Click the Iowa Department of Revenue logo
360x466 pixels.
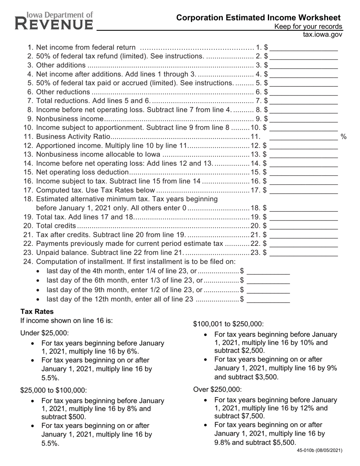(54, 21)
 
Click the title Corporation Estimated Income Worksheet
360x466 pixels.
(258, 17)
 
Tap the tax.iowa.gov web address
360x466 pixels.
(322, 34)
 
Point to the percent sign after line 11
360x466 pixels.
(344, 136)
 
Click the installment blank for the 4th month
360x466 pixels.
(268, 271)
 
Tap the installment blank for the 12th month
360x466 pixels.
(268, 299)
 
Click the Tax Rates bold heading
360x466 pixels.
(37, 311)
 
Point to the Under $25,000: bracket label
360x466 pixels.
(45, 333)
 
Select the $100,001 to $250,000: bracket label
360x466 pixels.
(229, 324)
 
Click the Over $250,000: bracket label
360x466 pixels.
(217, 389)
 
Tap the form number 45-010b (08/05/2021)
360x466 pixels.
(319, 450)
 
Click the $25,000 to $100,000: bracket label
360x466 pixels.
(53, 390)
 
